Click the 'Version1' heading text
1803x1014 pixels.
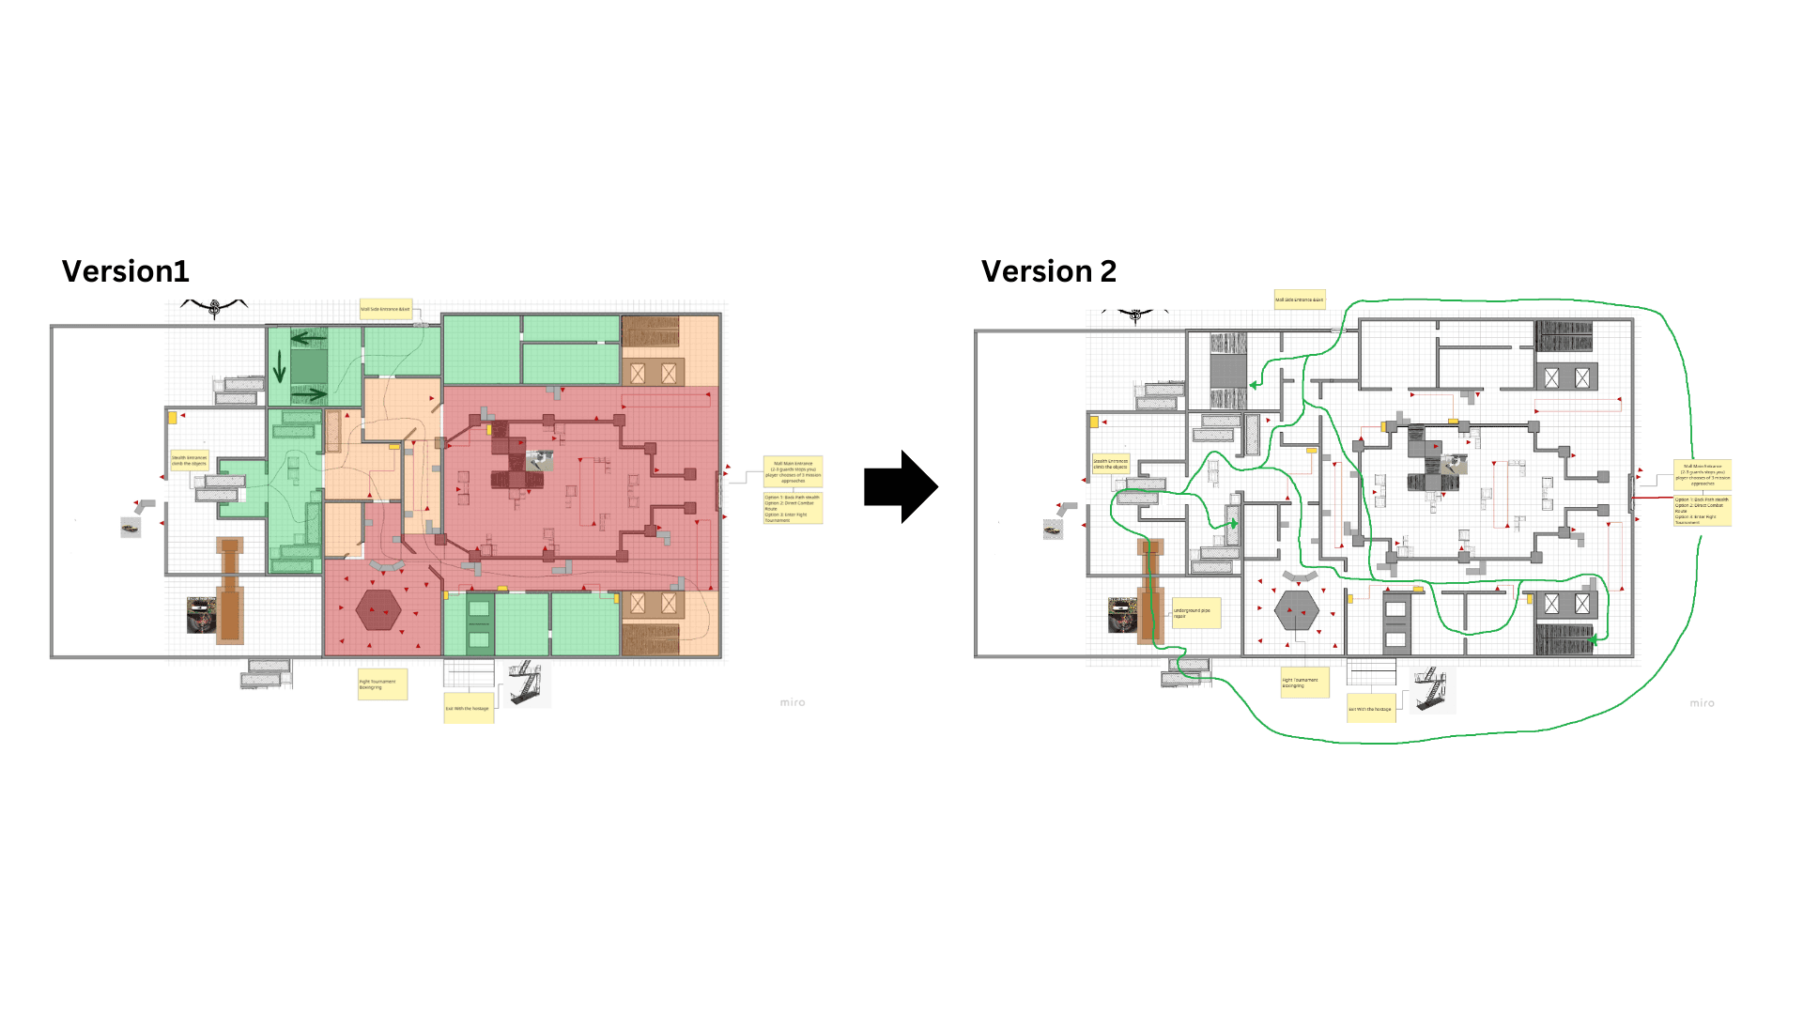tap(125, 271)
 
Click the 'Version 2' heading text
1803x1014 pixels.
tap(1048, 271)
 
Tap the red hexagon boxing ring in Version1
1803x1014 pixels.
tap(378, 611)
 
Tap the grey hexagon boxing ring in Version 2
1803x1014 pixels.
tap(1297, 610)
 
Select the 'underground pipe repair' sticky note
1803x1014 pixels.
tap(1195, 613)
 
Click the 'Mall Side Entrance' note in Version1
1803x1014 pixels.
tap(385, 309)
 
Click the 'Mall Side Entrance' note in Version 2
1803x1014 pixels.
tap(1299, 300)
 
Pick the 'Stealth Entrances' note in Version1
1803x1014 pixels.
tap(189, 461)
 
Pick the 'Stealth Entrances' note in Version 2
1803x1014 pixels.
tap(1110, 464)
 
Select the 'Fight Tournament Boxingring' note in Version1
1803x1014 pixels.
tap(381, 684)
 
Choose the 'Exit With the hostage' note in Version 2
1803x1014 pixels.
tap(1370, 709)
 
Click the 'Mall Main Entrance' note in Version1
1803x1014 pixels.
tap(793, 472)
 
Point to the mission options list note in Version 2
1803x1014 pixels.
tap(1702, 511)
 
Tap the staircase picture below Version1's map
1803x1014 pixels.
tap(526, 683)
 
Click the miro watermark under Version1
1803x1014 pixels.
tap(792, 702)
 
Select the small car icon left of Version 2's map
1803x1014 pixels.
tap(1053, 530)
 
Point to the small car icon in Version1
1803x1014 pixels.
tap(131, 528)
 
